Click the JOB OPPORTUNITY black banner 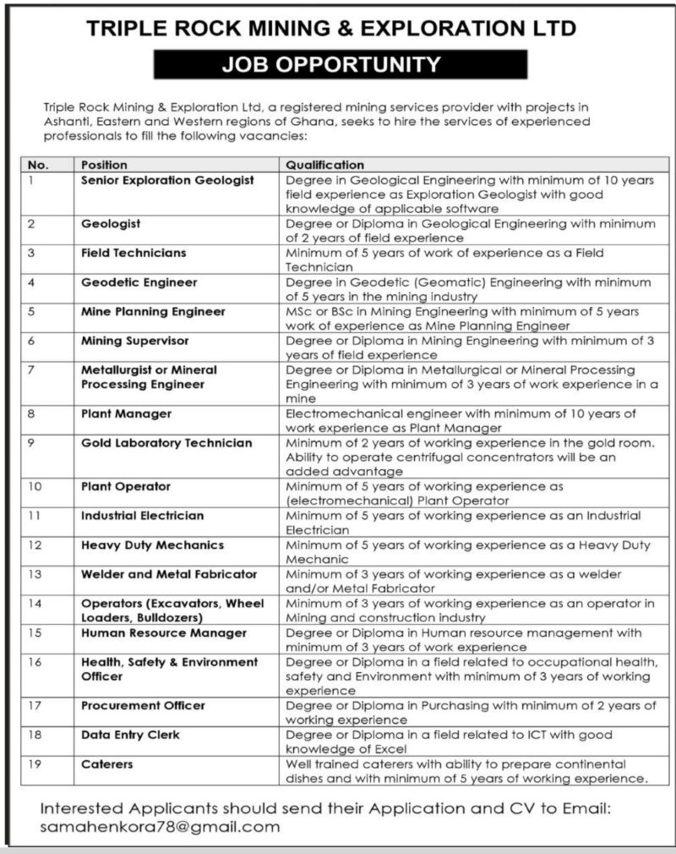[x=341, y=64]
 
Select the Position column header [x=105, y=165]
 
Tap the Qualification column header [x=324, y=165]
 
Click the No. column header [x=39, y=165]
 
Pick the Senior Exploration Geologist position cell [x=167, y=180]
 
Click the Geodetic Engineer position [x=139, y=282]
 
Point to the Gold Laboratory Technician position [x=166, y=442]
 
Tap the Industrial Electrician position [x=142, y=515]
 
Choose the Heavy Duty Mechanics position [x=152, y=545]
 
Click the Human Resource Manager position [x=164, y=632]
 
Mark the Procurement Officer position [x=143, y=705]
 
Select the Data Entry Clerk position [x=130, y=735]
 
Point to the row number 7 [x=31, y=370]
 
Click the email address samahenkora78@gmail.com [x=160, y=828]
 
